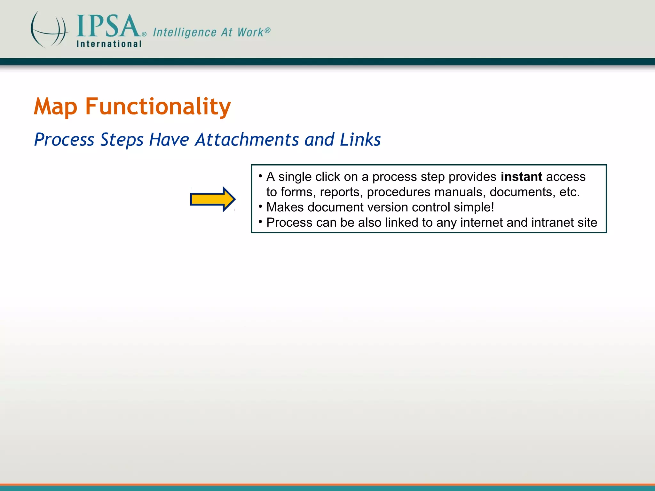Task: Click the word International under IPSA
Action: (109, 44)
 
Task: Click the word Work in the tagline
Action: (250, 32)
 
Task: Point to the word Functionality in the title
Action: (158, 106)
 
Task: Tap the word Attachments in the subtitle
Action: (247, 140)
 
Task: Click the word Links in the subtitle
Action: (360, 140)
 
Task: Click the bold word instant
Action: (521, 177)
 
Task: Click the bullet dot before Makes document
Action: (261, 206)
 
